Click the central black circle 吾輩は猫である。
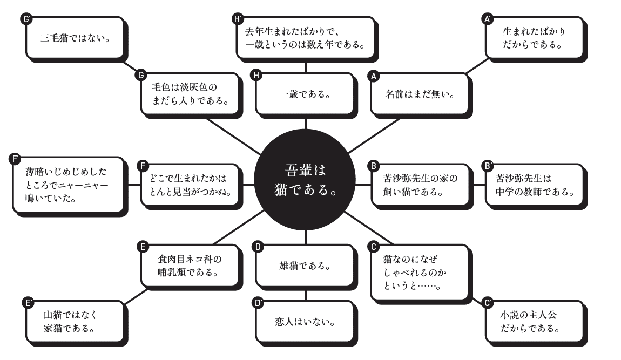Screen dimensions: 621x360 tap(305, 180)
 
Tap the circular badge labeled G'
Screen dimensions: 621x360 tap(26, 19)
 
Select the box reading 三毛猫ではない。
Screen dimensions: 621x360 tap(75, 38)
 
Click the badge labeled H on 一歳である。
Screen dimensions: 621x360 tap(256, 75)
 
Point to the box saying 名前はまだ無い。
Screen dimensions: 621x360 tap(420, 94)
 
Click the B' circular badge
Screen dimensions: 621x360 tap(488, 166)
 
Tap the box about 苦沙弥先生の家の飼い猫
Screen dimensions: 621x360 tap(420, 185)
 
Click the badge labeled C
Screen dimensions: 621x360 tap(373, 247)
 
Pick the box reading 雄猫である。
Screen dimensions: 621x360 tap(305, 266)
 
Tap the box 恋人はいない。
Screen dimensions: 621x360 tap(305, 322)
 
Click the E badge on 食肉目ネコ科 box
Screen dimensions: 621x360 tap(143, 247)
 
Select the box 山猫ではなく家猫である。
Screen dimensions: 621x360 tap(75, 322)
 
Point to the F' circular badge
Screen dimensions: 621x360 tap(15, 159)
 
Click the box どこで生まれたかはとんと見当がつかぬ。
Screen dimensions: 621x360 tap(191, 185)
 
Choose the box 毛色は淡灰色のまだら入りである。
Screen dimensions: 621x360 tap(191, 94)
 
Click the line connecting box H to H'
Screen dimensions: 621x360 tap(305, 67)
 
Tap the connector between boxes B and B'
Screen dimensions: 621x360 tap(479, 185)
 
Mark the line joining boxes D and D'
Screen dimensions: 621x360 tap(305, 295)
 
